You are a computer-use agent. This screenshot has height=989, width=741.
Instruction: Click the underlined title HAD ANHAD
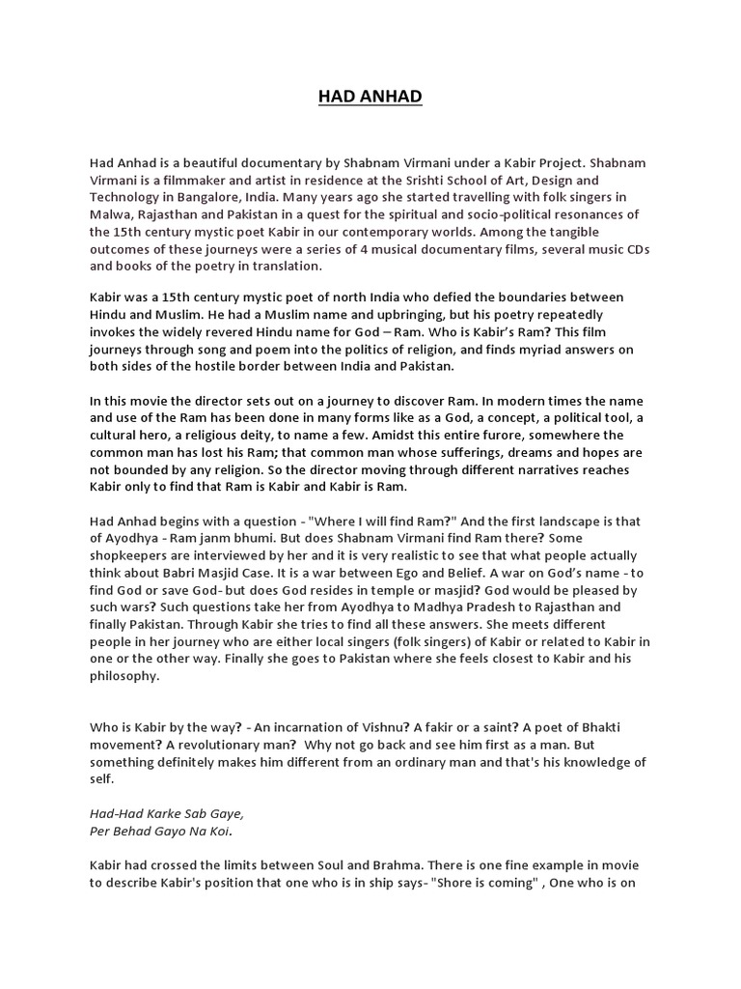(370, 98)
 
